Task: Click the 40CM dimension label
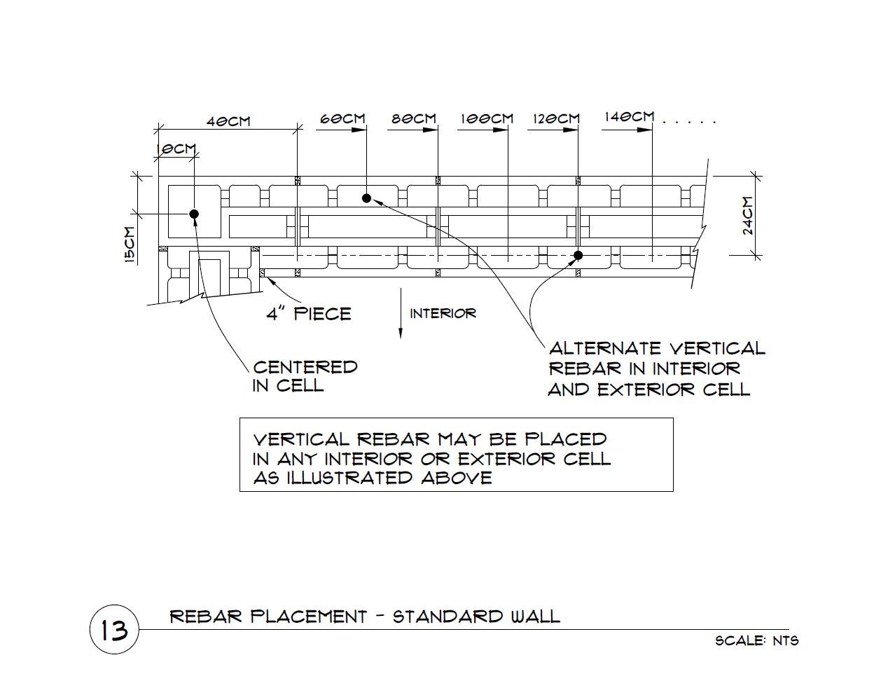point(228,121)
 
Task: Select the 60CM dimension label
point(342,118)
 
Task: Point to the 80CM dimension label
point(414,118)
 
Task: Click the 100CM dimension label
point(487,118)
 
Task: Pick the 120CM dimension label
point(556,118)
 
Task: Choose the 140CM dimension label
point(630,117)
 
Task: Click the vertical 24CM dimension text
point(748,215)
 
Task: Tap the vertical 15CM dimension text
point(130,245)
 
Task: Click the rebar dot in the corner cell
point(194,214)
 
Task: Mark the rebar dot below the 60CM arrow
point(366,198)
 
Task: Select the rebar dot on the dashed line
point(578,255)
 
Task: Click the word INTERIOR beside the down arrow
point(443,313)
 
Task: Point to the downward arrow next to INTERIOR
point(400,313)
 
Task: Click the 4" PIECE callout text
point(309,313)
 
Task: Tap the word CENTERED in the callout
point(305,367)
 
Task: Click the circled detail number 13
point(114,629)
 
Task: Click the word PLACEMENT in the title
point(309,617)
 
